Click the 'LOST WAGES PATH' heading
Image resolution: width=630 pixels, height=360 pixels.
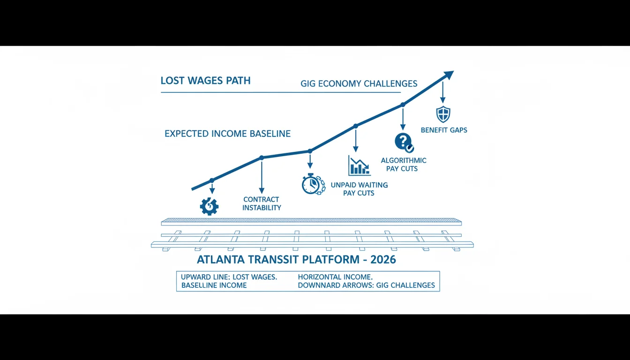click(x=205, y=81)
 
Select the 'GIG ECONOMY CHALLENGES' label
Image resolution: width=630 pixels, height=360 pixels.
click(x=359, y=83)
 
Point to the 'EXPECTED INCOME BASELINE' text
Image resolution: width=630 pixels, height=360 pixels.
click(x=227, y=134)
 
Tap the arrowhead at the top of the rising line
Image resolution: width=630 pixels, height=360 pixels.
click(x=448, y=75)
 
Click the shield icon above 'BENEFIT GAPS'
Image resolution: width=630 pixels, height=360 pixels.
click(x=443, y=114)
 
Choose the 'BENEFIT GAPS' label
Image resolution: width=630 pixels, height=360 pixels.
click(x=444, y=130)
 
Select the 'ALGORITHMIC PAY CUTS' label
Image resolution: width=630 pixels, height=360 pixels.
click(x=403, y=165)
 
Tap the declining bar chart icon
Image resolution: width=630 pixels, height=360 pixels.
click(x=359, y=165)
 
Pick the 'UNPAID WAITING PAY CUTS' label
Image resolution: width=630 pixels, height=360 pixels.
click(x=359, y=189)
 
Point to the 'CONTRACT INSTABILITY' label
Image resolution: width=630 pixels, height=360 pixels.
click(x=262, y=203)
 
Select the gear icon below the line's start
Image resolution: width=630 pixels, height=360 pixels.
click(x=209, y=206)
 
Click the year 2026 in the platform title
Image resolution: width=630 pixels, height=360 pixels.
click(x=383, y=259)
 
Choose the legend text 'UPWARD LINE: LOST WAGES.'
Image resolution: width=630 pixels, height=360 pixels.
click(x=229, y=277)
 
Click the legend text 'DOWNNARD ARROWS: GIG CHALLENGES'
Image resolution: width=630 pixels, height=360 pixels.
click(x=366, y=285)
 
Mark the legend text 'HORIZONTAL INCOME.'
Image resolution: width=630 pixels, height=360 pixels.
click(x=335, y=277)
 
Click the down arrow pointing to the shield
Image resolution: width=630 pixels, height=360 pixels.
click(x=442, y=92)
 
